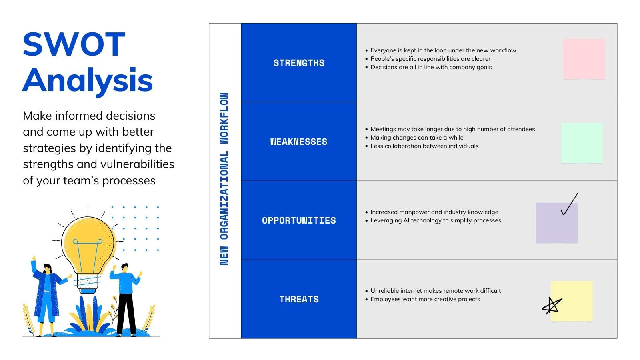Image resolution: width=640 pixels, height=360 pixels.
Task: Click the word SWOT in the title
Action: (x=74, y=44)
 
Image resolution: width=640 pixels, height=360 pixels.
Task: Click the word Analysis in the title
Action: (x=88, y=80)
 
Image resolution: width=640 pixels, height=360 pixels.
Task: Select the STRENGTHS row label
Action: (x=299, y=63)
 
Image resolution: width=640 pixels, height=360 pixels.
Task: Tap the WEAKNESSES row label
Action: (x=299, y=142)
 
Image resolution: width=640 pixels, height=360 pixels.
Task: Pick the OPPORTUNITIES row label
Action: (x=299, y=220)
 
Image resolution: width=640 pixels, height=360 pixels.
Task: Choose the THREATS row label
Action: (x=299, y=299)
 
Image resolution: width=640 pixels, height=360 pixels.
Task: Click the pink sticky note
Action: (x=584, y=59)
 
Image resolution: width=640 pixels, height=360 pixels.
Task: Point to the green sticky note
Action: (x=582, y=143)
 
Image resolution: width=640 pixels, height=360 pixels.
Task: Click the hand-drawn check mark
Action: (x=569, y=204)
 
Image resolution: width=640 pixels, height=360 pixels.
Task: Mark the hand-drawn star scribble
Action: (x=552, y=306)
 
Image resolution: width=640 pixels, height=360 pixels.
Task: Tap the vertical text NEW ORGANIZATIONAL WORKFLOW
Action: (x=224, y=179)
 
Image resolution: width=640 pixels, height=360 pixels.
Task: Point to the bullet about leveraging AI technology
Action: (x=436, y=220)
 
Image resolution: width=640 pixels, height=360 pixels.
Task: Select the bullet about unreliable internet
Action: (x=436, y=291)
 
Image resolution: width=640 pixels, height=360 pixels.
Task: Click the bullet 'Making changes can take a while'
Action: (x=417, y=138)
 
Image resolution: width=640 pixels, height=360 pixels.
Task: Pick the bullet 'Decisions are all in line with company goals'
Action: (x=431, y=67)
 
